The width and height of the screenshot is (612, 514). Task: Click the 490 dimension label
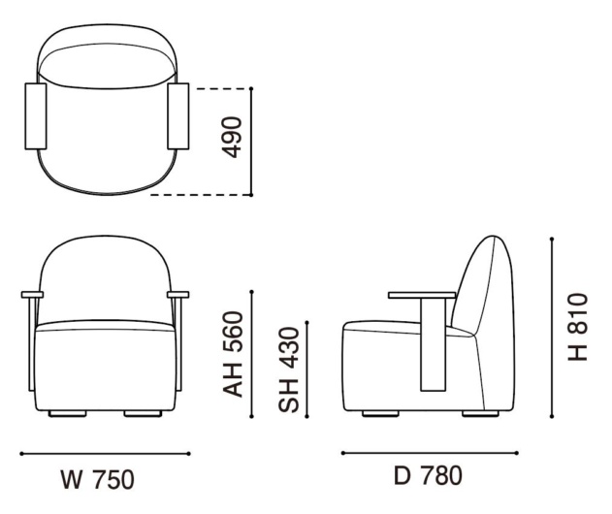tap(232, 138)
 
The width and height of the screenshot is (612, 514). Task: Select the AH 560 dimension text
tap(233, 354)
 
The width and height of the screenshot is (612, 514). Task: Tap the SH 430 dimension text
tap(288, 370)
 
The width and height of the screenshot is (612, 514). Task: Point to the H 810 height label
tap(578, 327)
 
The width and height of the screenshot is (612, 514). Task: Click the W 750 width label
tap(98, 480)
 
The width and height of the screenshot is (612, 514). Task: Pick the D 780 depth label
tap(428, 476)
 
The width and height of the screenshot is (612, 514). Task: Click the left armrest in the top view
tap(36, 116)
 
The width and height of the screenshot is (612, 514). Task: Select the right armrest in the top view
tap(178, 116)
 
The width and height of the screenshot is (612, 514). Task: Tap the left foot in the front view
tap(68, 414)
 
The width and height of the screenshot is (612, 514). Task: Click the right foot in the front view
tap(143, 414)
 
